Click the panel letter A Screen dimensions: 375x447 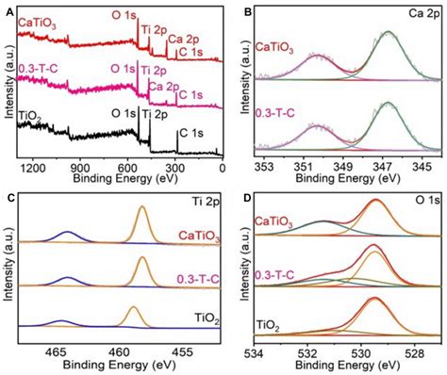(x=8, y=8)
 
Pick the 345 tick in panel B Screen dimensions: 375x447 (x=422, y=166)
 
